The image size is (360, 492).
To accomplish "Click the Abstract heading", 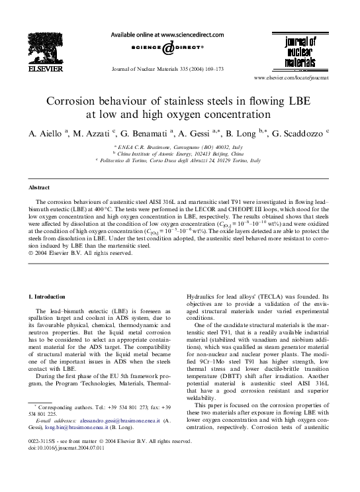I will (x=34, y=187).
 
